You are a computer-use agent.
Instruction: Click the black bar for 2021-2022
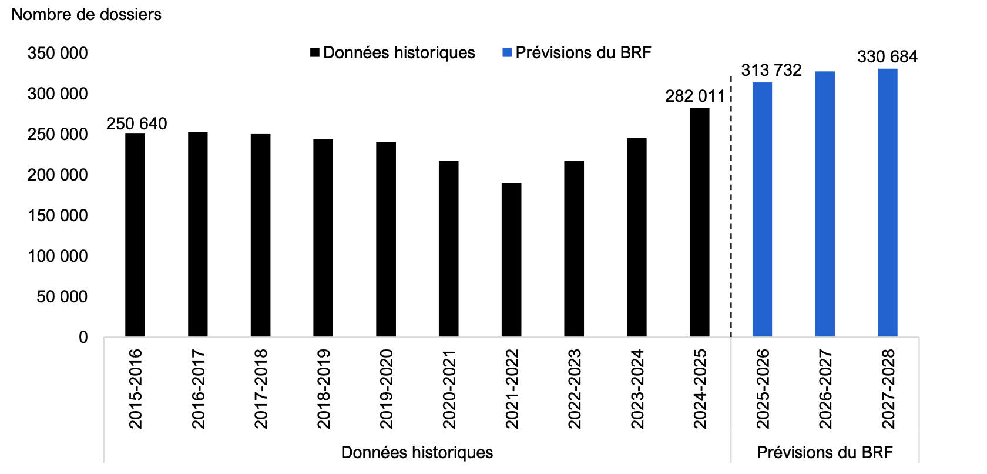pyautogui.click(x=511, y=260)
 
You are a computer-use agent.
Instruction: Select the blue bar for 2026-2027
pyautogui.click(x=825, y=204)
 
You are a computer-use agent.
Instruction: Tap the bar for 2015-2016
pyautogui.click(x=135, y=235)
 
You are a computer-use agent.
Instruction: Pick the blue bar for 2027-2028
pyautogui.click(x=888, y=203)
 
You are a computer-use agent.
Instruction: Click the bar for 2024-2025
pyautogui.click(x=699, y=222)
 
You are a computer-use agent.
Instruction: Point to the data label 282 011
pyautogui.click(x=695, y=96)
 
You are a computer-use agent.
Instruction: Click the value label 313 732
pyautogui.click(x=771, y=71)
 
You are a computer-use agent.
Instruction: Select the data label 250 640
pyautogui.click(x=137, y=123)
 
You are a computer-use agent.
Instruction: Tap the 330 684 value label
pyautogui.click(x=887, y=57)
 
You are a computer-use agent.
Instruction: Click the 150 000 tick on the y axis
pyautogui.click(x=58, y=216)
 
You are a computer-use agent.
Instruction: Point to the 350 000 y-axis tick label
pyautogui.click(x=58, y=54)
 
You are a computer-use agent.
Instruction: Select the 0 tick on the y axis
pyautogui.click(x=83, y=338)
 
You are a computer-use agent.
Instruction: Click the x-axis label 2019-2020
pyautogui.click(x=386, y=389)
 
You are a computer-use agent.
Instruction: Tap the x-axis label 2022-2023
pyautogui.click(x=575, y=389)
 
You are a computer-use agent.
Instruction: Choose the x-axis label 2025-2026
pyautogui.click(x=763, y=389)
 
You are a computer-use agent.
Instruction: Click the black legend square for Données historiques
pyautogui.click(x=315, y=53)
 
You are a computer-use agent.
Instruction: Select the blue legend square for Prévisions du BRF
pyautogui.click(x=507, y=53)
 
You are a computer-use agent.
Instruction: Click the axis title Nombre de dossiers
pyautogui.click(x=86, y=14)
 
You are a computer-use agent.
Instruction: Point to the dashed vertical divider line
pyautogui.click(x=731, y=206)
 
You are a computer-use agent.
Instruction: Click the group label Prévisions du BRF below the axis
pyautogui.click(x=824, y=452)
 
